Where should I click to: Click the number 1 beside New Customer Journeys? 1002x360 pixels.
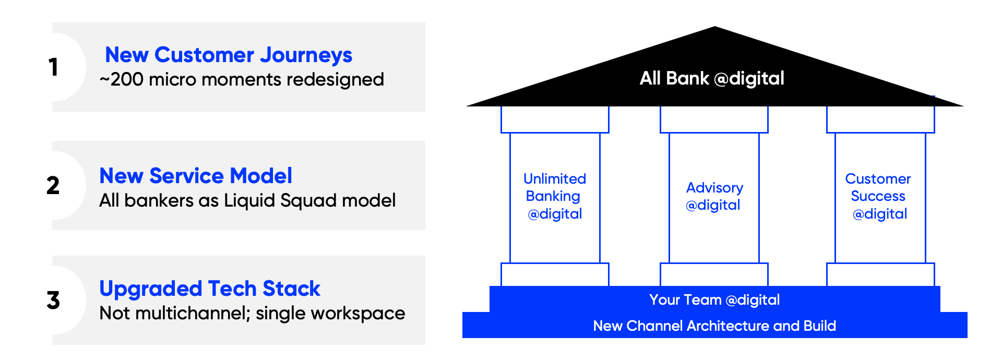[x=53, y=67]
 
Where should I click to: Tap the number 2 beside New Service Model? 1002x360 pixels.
[x=53, y=185]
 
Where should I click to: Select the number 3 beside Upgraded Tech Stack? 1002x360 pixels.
[x=53, y=300]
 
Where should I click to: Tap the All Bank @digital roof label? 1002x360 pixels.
[x=712, y=78]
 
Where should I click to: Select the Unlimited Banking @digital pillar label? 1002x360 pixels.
[x=554, y=196]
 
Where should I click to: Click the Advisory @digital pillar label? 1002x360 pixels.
[x=714, y=196]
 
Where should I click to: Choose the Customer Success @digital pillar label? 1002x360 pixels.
[x=878, y=196]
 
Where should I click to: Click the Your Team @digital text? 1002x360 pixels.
[x=714, y=299]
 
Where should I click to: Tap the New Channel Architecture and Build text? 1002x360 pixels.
[x=714, y=326]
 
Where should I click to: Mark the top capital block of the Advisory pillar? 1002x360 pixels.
[x=714, y=119]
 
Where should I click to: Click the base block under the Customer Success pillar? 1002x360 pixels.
[x=880, y=274]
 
